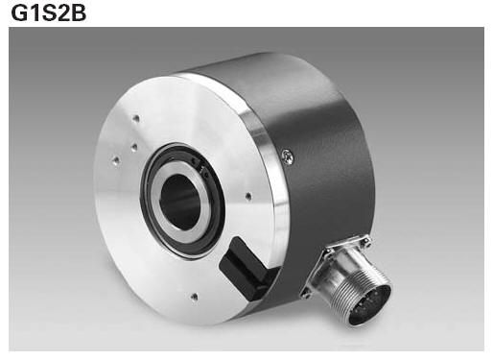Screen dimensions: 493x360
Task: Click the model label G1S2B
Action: click(49, 13)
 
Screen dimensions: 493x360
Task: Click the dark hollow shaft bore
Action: click(179, 202)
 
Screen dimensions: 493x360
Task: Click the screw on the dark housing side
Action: click(288, 156)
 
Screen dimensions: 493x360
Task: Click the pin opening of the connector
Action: click(371, 305)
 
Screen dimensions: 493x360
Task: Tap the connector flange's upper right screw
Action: click(365, 240)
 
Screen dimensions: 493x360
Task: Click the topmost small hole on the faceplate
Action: click(136, 119)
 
